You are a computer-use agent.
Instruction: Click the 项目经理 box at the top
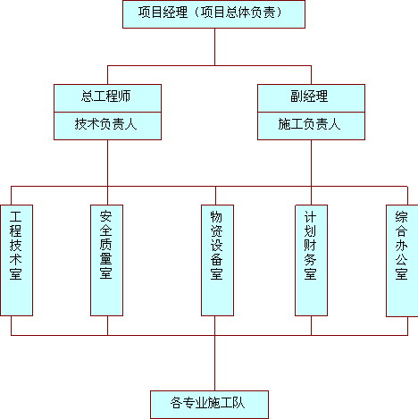click(x=213, y=14)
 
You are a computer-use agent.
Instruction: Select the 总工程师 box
click(x=107, y=98)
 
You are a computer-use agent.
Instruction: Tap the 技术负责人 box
click(x=107, y=126)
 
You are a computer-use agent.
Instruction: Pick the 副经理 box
click(x=311, y=98)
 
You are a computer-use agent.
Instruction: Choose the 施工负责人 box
click(x=311, y=126)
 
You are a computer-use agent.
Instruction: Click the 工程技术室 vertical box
click(x=16, y=260)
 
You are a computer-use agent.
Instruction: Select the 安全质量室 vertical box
click(x=106, y=260)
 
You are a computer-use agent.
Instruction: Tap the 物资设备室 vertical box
click(x=217, y=260)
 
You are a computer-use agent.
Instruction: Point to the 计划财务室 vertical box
click(x=311, y=260)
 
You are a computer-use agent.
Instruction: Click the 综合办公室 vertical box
click(x=402, y=261)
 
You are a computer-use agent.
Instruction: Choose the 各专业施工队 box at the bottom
click(x=209, y=405)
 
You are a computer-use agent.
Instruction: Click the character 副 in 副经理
click(x=297, y=96)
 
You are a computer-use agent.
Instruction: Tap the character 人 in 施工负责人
click(x=334, y=124)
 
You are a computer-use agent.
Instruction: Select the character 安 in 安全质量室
click(x=105, y=216)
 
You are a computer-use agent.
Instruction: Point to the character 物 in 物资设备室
click(x=216, y=217)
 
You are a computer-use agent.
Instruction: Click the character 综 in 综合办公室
click(x=401, y=217)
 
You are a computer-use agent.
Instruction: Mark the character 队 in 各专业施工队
click(x=238, y=403)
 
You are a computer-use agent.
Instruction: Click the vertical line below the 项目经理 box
click(x=214, y=47)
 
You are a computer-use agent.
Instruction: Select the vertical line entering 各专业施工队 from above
click(x=214, y=363)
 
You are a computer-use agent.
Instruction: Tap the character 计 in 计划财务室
click(x=310, y=217)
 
